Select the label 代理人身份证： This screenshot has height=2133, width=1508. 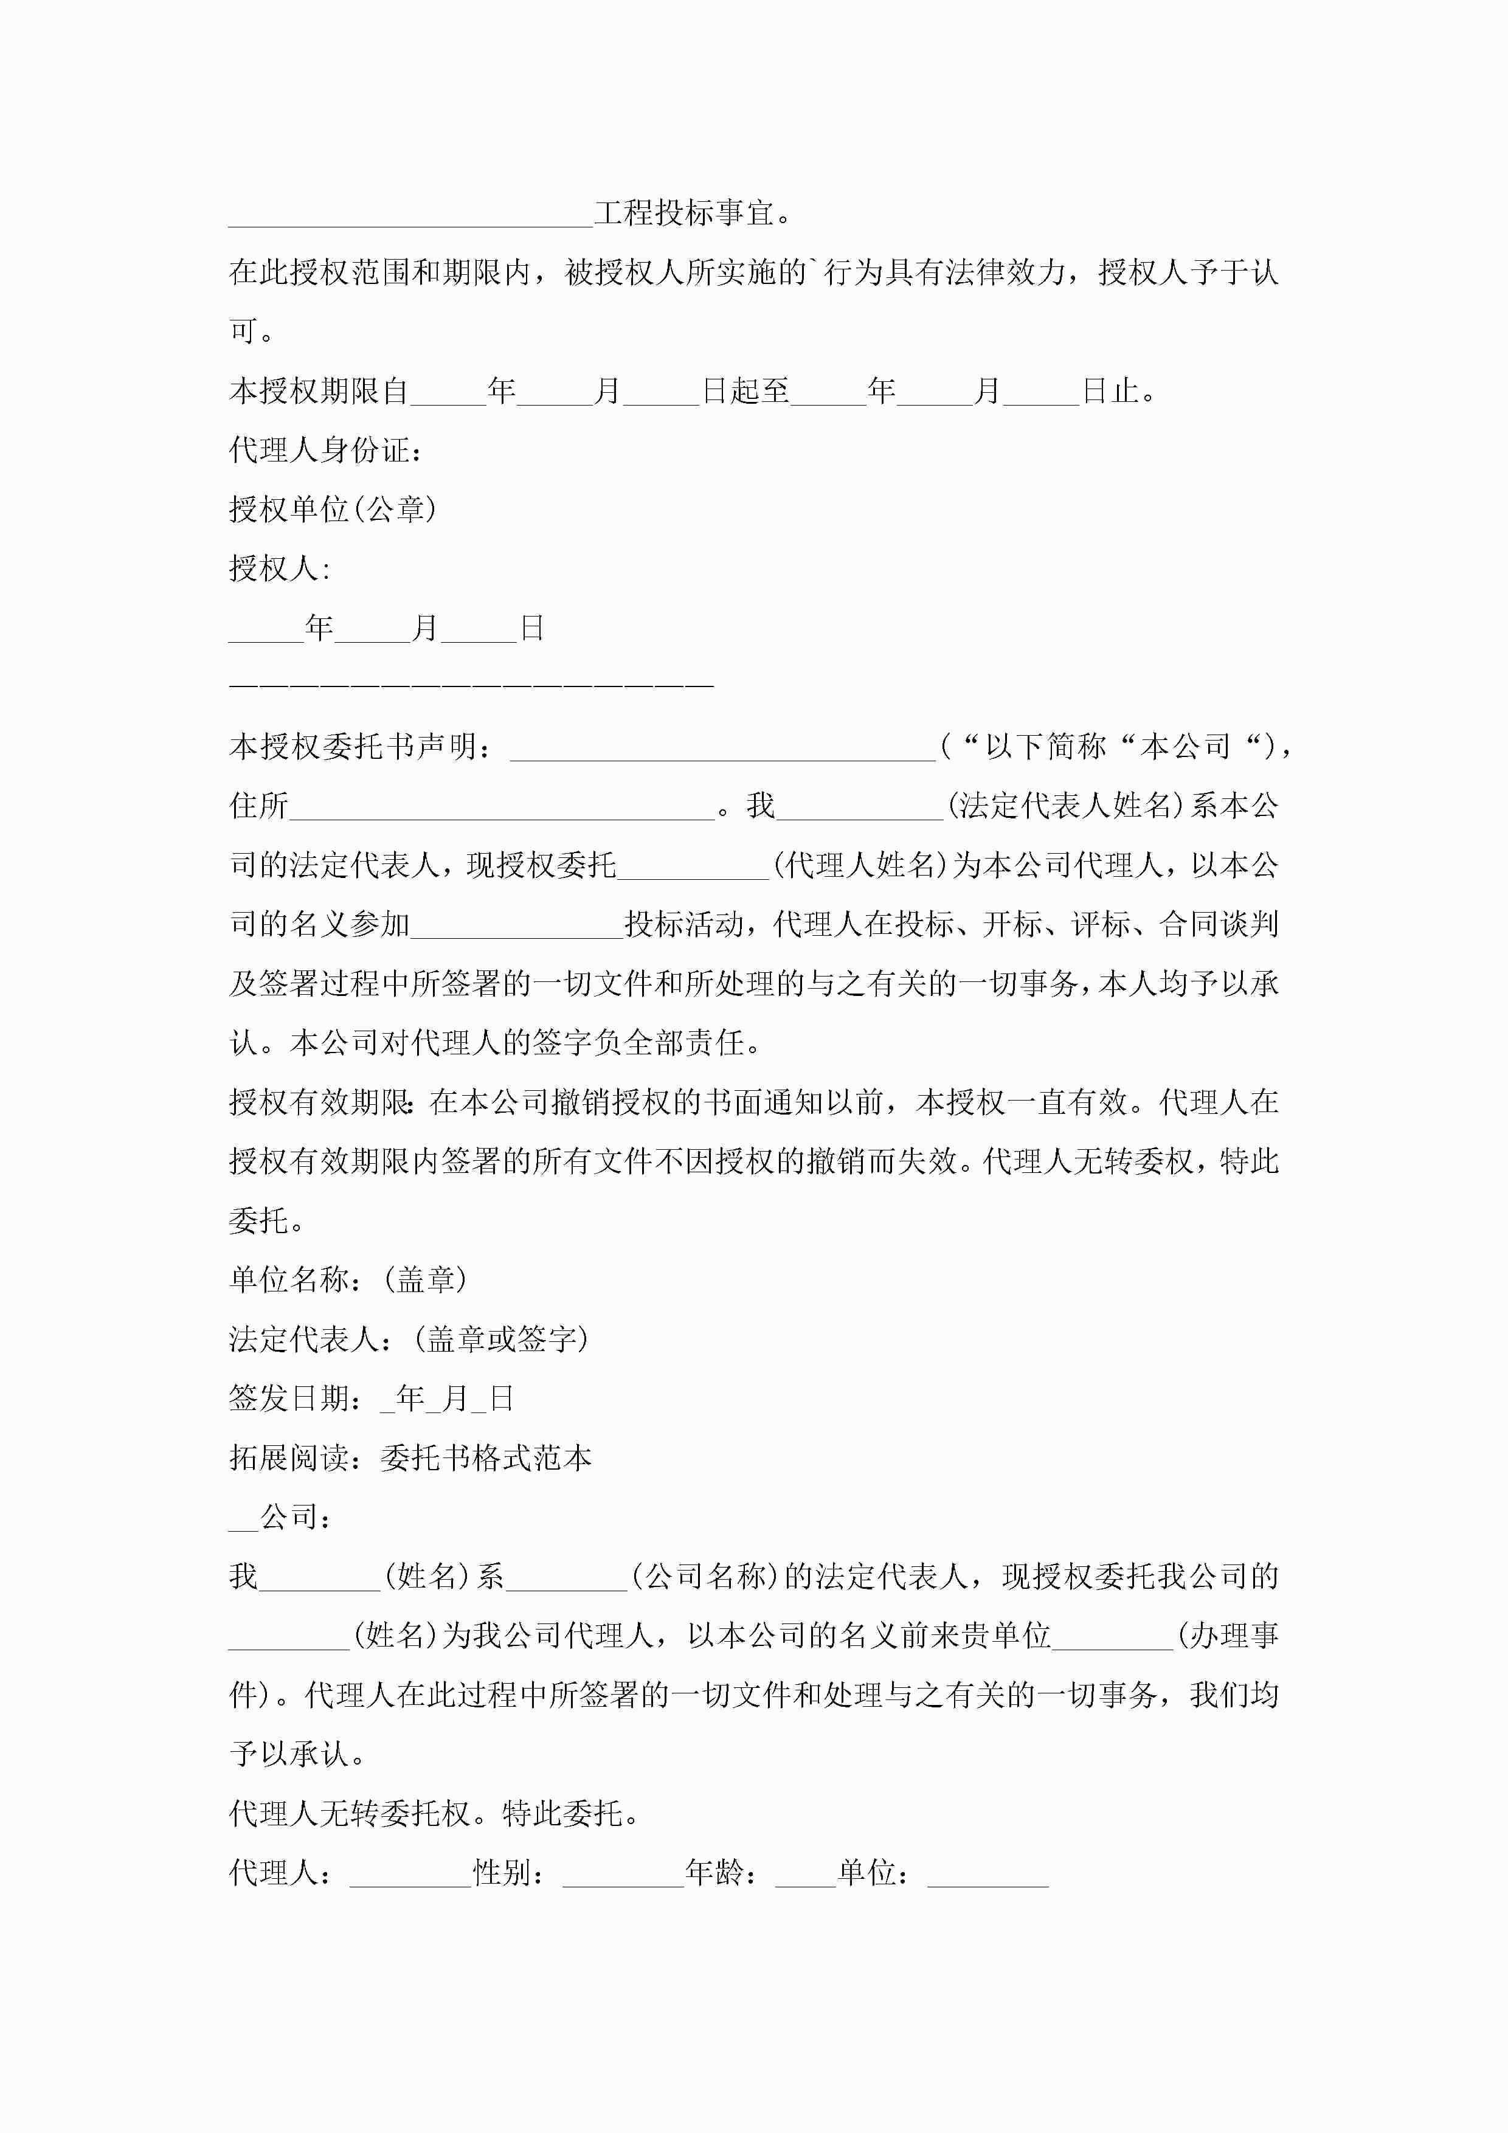click(326, 451)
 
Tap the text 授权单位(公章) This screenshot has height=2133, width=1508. click(333, 509)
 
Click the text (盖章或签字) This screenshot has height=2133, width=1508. click(502, 1339)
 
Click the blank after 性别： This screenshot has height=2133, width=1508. click(623, 1875)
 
